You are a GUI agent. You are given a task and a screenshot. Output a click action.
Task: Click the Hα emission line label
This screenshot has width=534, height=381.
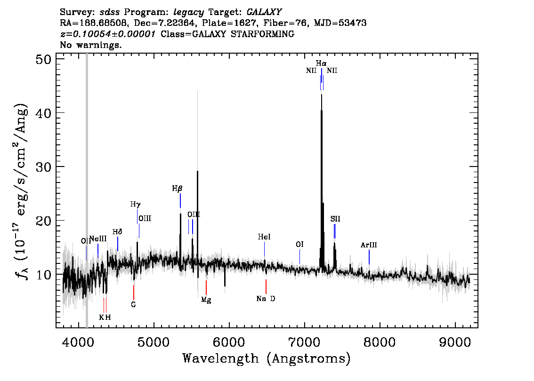[321, 63]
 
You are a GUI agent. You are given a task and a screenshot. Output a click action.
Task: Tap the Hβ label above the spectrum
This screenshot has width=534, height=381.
[177, 189]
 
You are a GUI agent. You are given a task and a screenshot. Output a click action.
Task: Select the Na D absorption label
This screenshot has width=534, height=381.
[266, 299]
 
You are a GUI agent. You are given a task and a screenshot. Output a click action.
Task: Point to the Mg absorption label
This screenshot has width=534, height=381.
[206, 300]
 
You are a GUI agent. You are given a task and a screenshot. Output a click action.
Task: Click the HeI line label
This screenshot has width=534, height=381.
[264, 237]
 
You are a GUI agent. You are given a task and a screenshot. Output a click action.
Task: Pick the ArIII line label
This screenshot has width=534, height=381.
[369, 245]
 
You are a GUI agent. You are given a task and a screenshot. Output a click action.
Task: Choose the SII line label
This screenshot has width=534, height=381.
[335, 219]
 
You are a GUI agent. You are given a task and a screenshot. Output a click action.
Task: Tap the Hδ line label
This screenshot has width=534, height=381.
[117, 232]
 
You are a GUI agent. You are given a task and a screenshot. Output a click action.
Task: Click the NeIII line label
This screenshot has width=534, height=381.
[98, 239]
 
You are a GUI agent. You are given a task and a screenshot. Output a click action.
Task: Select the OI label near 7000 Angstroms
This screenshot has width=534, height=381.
[299, 245]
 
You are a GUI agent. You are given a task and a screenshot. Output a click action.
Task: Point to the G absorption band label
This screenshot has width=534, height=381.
[134, 305]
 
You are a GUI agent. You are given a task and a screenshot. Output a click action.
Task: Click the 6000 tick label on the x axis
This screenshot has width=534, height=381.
[229, 342]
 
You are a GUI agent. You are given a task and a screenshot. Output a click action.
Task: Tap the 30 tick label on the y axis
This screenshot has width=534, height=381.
[43, 167]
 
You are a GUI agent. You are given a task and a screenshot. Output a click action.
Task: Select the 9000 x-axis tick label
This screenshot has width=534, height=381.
[455, 342]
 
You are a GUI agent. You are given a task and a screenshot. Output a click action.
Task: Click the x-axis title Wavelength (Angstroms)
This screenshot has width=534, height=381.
[267, 358]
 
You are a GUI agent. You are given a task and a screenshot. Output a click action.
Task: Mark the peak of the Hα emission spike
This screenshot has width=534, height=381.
[322, 95]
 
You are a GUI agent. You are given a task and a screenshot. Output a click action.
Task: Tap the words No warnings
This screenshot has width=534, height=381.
[90, 45]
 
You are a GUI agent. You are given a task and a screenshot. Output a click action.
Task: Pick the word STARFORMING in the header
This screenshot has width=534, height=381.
[262, 34]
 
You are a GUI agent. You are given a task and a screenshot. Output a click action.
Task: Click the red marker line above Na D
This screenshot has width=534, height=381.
[266, 286]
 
